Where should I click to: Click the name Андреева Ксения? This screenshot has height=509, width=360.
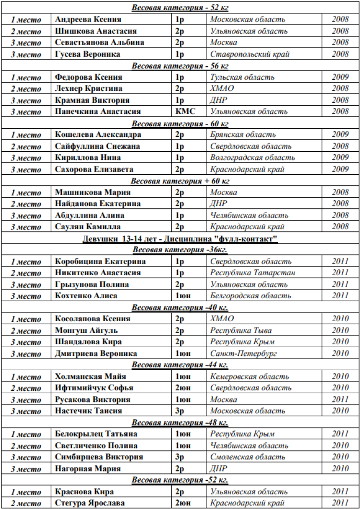88,19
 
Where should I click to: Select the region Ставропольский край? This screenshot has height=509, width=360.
250,54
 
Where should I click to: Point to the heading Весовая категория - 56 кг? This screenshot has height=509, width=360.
180,65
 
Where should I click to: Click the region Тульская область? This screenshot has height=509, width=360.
242,77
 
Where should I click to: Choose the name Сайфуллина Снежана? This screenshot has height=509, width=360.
97,146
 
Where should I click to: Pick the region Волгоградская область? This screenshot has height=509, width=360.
252,158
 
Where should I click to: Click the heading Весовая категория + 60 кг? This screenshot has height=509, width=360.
180,181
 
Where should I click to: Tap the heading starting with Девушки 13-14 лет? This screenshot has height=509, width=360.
180,239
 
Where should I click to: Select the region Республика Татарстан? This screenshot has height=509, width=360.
252,273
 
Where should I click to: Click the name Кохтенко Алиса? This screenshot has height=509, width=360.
86,296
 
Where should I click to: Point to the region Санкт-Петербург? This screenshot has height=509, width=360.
243,353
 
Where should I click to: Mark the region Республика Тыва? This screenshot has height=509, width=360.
241,330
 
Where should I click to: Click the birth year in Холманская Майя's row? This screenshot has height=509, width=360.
340,376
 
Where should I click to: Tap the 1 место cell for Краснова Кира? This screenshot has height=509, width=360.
26,492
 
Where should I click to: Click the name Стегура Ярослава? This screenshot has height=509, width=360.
90,503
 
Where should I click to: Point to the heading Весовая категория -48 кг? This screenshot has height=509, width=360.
180,423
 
